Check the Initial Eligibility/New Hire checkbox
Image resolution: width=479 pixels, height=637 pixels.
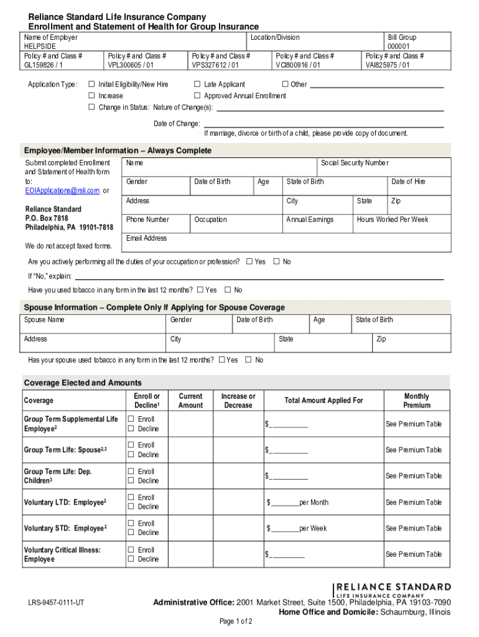92,85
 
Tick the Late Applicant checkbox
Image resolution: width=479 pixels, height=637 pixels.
197,85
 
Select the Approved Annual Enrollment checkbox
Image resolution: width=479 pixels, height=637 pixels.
197,96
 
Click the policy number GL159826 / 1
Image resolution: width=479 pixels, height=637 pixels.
44,65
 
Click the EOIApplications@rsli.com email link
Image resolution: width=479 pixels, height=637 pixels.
62,190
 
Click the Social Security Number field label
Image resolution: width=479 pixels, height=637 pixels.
354,163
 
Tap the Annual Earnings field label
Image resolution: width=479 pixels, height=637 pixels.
310,220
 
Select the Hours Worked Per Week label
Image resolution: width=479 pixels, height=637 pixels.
393,220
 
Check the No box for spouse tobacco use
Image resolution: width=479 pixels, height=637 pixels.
249,360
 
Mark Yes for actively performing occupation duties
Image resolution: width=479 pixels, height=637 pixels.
249,262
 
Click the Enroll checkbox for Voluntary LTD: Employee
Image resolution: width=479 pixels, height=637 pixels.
131,498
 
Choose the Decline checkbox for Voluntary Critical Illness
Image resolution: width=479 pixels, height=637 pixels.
131,559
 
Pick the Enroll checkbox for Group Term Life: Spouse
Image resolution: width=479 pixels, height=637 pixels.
131,445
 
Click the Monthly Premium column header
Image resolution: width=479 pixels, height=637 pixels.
416,401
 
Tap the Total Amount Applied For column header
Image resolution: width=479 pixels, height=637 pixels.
323,401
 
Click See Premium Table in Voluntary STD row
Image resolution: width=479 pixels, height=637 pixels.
413,529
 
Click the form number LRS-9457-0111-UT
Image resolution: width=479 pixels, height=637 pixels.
56,603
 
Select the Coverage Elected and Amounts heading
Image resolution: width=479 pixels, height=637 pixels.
83,383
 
